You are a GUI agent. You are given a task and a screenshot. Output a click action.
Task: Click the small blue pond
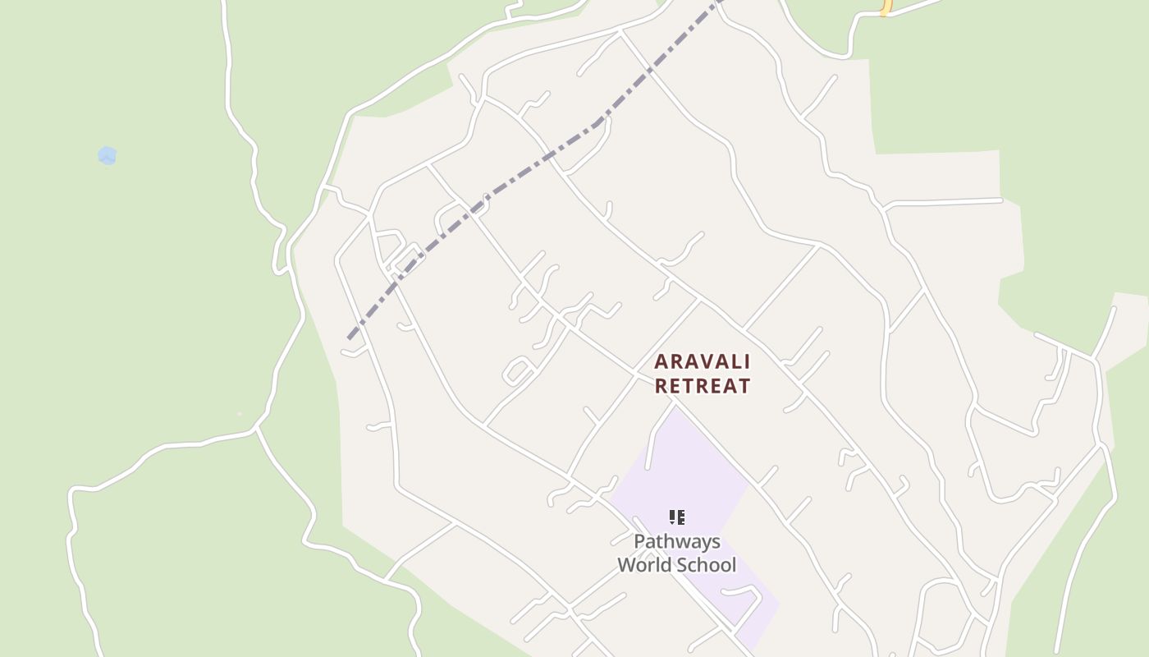107,155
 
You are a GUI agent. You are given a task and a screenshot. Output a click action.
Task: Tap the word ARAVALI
703,362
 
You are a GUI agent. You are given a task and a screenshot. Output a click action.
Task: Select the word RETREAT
703,386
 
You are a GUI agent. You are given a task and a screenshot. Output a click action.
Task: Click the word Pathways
677,542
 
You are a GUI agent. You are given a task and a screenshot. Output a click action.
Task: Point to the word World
645,565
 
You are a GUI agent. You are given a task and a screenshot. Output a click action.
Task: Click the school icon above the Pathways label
677,517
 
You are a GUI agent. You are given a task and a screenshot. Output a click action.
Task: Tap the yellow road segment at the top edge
886,7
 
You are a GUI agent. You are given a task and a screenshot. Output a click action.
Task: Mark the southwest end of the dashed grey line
350,337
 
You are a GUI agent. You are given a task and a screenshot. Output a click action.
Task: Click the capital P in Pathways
639,542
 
